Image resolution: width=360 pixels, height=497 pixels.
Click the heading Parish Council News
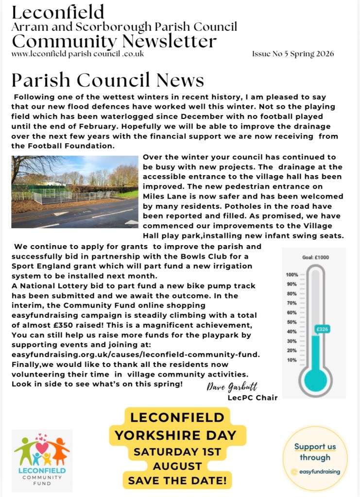click(x=108, y=80)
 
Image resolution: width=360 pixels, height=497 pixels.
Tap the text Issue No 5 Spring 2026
click(x=292, y=54)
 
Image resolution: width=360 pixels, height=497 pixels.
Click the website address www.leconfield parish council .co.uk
click(x=77, y=54)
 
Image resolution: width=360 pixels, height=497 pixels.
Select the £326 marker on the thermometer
click(x=321, y=329)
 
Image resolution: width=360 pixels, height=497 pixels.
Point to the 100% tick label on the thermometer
click(x=291, y=275)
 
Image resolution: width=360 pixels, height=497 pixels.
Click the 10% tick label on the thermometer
click(x=292, y=360)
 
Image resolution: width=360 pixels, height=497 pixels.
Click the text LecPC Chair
click(x=252, y=398)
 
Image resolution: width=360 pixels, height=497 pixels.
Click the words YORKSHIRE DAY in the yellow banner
click(x=178, y=435)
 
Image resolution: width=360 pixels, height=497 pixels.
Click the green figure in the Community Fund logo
click(x=24, y=449)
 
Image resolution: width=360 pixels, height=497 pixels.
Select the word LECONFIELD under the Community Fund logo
click(x=42, y=470)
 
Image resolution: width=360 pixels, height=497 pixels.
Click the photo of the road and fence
click(x=75, y=192)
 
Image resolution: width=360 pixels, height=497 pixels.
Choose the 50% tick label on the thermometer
click(x=292, y=322)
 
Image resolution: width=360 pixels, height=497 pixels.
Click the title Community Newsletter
click(x=114, y=41)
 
